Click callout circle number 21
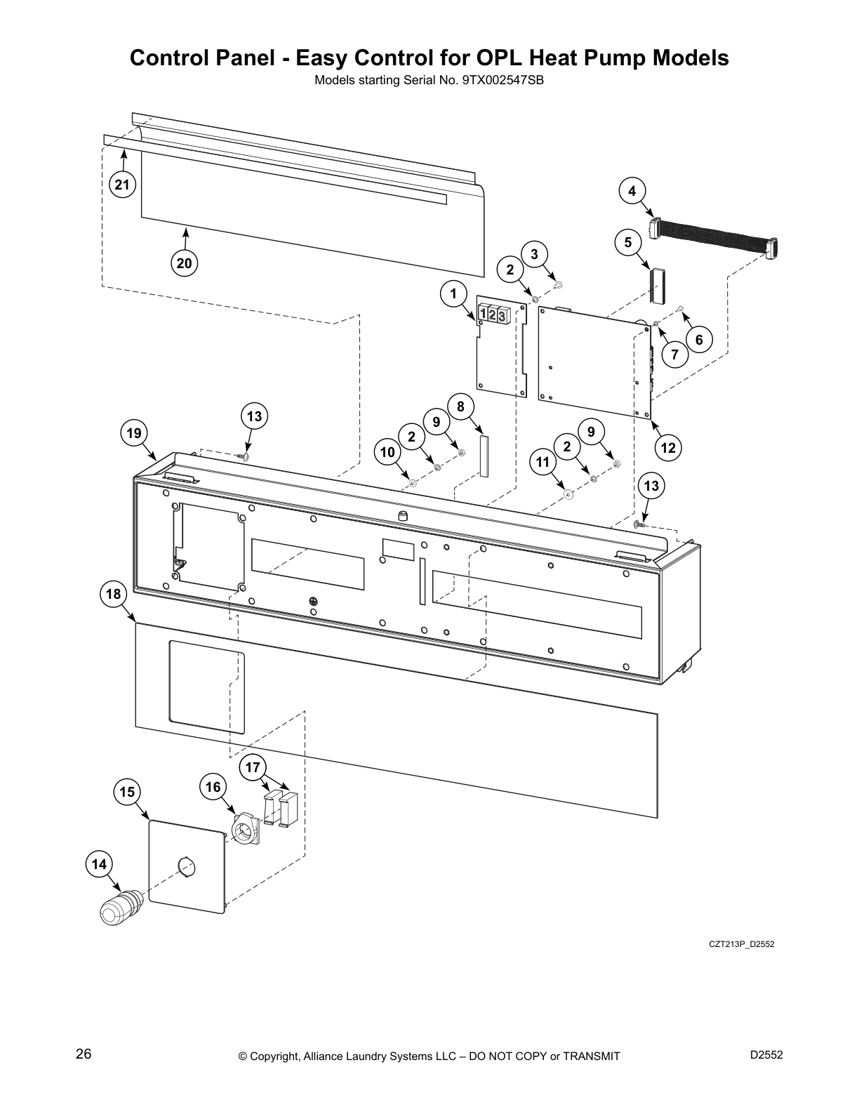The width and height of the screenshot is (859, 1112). pos(122,185)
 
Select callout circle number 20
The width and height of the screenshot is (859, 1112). pos(184,263)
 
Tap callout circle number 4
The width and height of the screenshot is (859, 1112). pos(632,190)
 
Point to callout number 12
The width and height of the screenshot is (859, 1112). pos(668,447)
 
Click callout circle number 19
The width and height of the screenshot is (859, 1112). pos(133,433)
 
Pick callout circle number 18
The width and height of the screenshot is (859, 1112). pos(113,594)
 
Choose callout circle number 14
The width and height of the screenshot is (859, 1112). pos(99,863)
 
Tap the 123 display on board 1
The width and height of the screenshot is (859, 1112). pos(493,315)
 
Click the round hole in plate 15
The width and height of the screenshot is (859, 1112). pos(185,867)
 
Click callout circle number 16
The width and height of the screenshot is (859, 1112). pos(213,787)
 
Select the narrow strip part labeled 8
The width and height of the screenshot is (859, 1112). pos(483,456)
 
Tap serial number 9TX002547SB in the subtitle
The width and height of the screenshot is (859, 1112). pos(502,80)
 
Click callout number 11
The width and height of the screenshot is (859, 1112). pos(542,462)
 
